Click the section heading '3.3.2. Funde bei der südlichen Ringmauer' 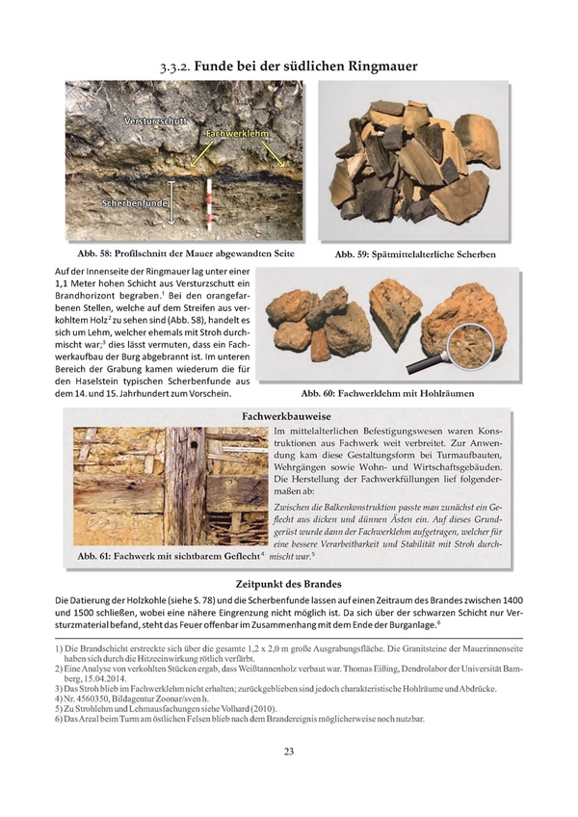coord(289,66)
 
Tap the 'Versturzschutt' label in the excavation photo coord(154,122)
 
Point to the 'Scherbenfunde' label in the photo coord(134,204)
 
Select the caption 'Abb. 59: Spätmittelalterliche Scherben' coord(415,255)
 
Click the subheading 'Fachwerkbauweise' coord(288,414)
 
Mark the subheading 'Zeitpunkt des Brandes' coord(288,584)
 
